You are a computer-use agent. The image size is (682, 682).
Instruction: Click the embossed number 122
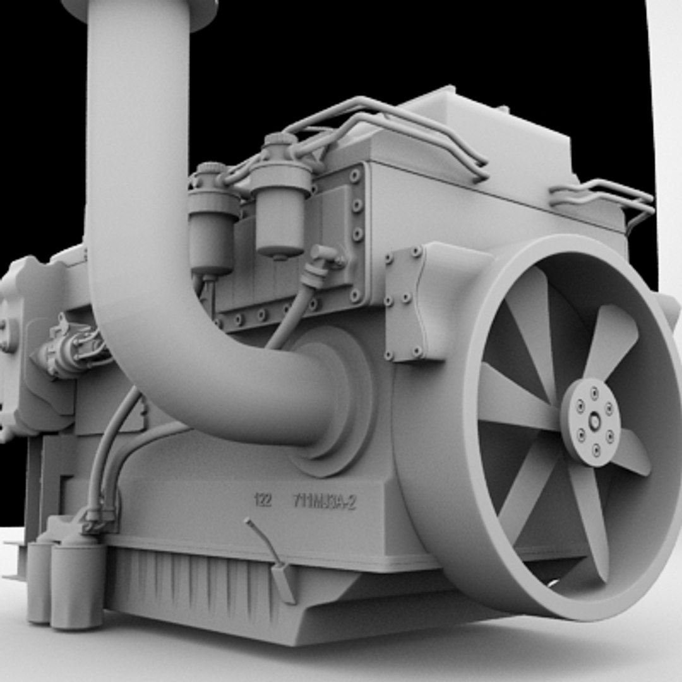tap(263, 500)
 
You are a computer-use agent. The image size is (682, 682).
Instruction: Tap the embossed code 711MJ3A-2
tap(325, 502)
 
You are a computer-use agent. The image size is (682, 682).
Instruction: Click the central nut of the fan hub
tap(594, 422)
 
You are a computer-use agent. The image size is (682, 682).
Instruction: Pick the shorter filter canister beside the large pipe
tap(213, 221)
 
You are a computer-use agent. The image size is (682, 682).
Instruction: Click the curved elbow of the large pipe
tap(164, 354)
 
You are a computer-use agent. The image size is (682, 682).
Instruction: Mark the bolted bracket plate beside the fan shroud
tap(404, 303)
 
